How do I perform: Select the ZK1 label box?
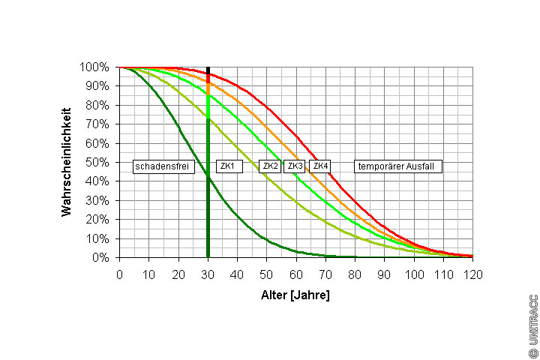pos(229,166)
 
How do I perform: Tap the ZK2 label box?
pos(270,166)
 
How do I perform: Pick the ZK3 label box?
pos(295,166)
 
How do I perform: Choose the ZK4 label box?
pos(320,166)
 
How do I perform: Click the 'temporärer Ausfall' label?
pos(397,166)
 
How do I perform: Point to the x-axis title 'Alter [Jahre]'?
pos(295,295)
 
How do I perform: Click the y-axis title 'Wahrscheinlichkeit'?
pos(66,161)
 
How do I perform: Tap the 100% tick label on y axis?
pos(95,67)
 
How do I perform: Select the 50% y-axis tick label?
pos(98,163)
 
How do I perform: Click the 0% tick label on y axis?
pos(101,258)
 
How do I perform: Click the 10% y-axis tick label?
pos(98,239)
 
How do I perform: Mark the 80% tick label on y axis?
pos(98,106)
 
